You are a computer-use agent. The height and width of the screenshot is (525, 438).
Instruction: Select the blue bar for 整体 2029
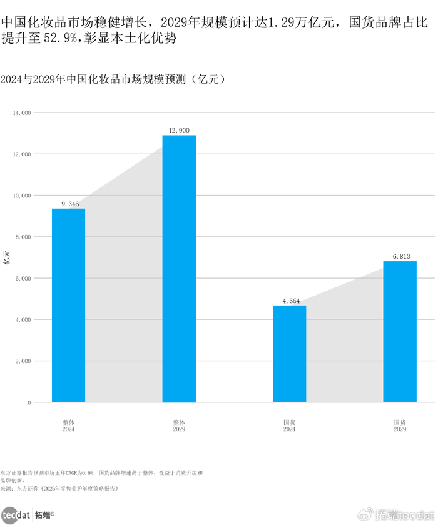[179, 269]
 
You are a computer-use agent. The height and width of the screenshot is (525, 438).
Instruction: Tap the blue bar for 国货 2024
[290, 354]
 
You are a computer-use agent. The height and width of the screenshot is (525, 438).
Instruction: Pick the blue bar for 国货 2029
[400, 331]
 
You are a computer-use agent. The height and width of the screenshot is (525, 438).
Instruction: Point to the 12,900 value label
[179, 130]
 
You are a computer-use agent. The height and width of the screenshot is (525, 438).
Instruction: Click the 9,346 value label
[68, 204]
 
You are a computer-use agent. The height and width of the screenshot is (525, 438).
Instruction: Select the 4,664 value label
[290, 301]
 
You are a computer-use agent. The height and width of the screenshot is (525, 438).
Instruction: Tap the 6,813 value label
[400, 256]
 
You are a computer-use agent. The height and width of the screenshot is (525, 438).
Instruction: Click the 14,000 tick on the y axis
[21, 112]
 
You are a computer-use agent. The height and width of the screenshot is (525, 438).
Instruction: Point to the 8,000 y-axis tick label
[23, 237]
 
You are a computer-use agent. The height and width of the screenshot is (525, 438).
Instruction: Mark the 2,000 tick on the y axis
[23, 361]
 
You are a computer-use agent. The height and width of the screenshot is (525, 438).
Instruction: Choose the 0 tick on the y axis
[29, 403]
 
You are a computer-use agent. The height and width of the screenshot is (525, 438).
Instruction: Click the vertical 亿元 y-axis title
[8, 256]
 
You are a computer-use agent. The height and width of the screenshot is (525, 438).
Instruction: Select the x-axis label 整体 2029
[179, 426]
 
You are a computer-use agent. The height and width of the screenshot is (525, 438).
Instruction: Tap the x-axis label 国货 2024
[290, 426]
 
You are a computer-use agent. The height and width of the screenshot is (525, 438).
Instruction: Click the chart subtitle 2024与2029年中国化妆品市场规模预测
[113, 79]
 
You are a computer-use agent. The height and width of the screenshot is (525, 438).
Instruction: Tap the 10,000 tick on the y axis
[21, 196]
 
